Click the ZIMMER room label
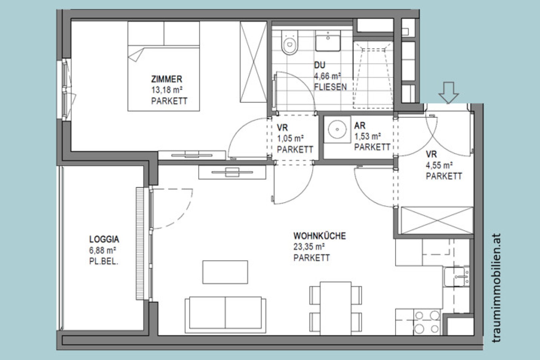tap(167, 79)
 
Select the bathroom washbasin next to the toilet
tap(328, 41)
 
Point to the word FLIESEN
tap(330, 87)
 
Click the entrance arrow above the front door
tap(448, 92)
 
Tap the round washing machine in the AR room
tap(337, 129)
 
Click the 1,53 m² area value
tap(368, 136)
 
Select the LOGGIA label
tap(104, 239)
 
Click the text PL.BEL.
tap(104, 261)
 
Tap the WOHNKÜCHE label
tap(319, 236)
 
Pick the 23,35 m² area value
tap(309, 247)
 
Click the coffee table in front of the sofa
tap(225, 272)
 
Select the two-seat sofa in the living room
tap(225, 314)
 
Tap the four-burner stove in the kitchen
tap(427, 322)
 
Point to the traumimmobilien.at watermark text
tap(497, 288)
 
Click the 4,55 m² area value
tap(439, 165)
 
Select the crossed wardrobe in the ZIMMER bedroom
tap(253, 62)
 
